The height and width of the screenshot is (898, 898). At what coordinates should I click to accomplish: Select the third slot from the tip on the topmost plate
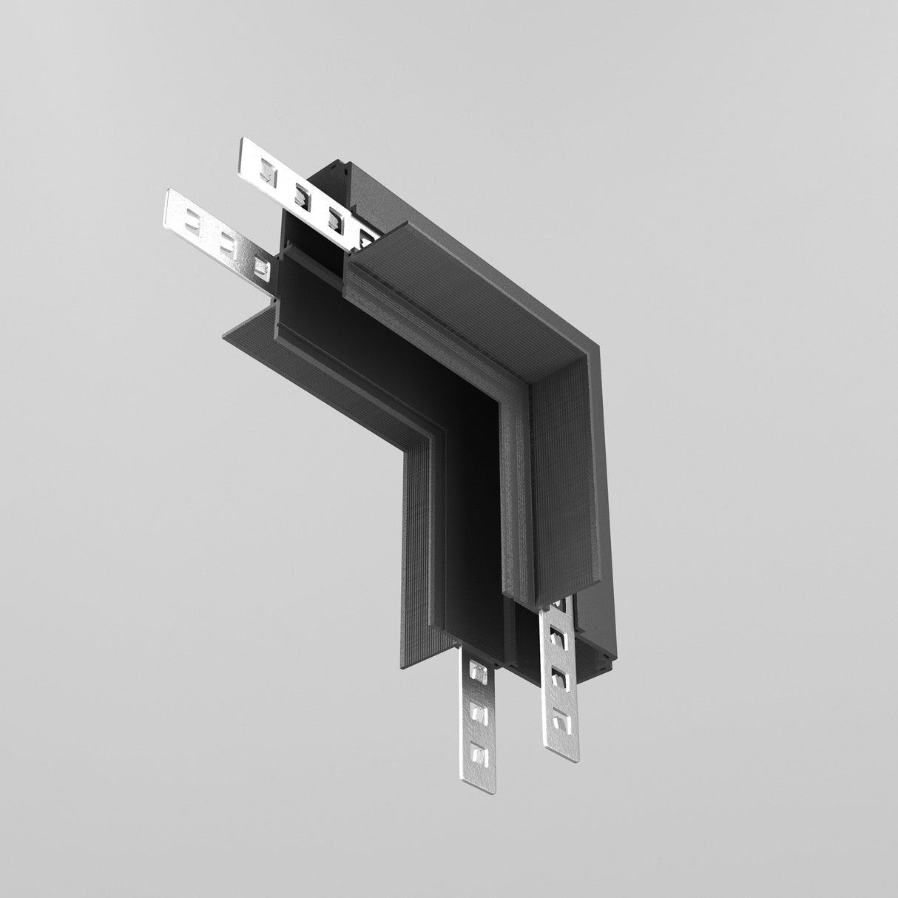pyautogui.click(x=334, y=217)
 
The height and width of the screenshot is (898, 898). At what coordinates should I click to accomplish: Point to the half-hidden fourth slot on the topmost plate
pyautogui.click(x=366, y=237)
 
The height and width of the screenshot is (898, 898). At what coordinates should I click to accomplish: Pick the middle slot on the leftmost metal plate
pyautogui.click(x=225, y=241)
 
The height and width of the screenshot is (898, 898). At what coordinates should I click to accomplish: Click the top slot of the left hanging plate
pyautogui.click(x=479, y=675)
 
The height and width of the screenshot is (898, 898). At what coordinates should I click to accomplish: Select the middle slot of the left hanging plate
pyautogui.click(x=480, y=715)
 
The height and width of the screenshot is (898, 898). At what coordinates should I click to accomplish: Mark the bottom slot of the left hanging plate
pyautogui.click(x=481, y=754)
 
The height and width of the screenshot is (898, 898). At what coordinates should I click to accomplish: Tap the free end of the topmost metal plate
pyautogui.click(x=243, y=155)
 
